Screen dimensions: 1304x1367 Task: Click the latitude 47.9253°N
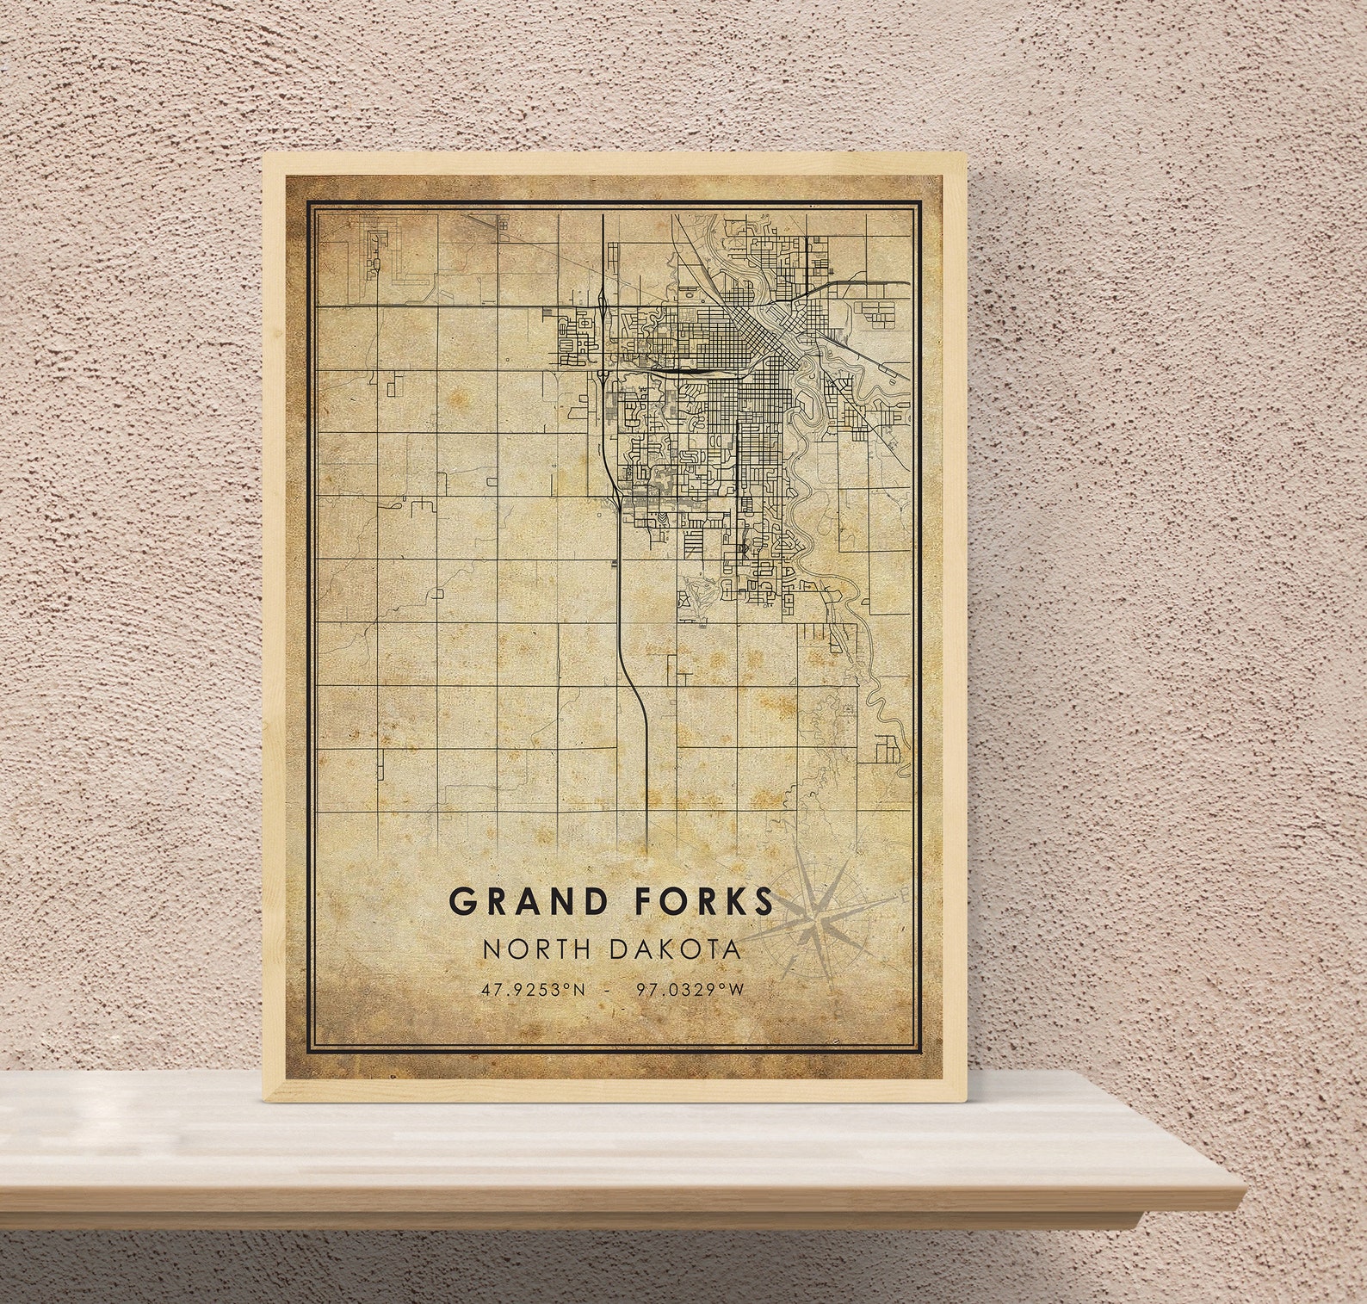533,990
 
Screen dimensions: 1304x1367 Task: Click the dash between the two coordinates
609,990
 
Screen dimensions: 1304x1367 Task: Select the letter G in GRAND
462,902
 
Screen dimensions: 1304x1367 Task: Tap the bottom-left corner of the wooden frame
265,1100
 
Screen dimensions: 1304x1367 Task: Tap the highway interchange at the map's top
602,297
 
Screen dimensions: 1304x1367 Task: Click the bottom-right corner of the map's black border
919,1050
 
